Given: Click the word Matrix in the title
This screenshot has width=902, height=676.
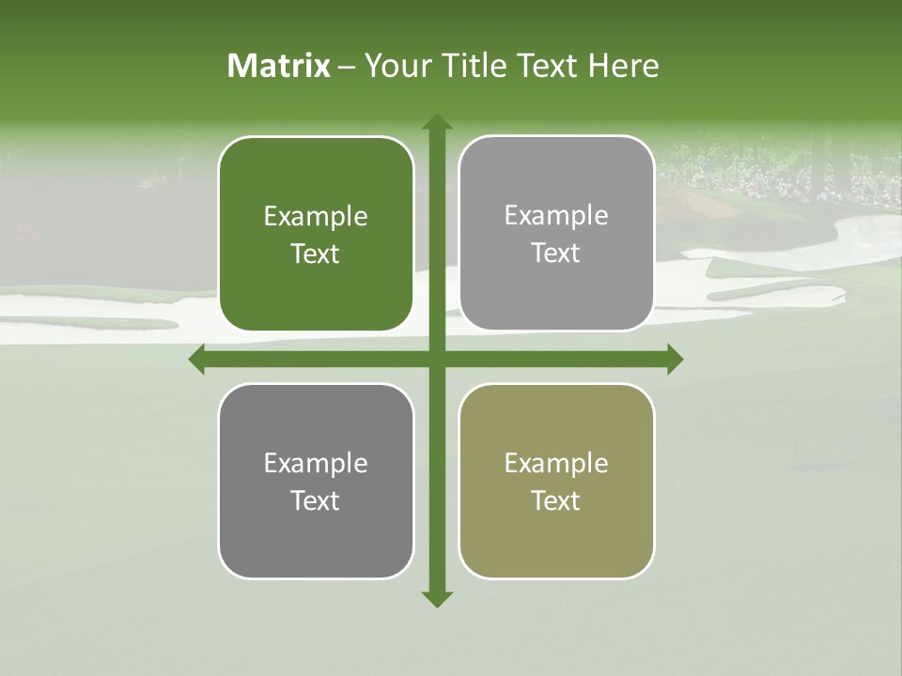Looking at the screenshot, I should pyautogui.click(x=279, y=66).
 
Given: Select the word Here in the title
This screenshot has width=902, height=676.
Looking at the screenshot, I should pyautogui.click(x=623, y=66).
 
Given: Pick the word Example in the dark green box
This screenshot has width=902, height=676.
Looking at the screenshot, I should pyautogui.click(x=316, y=216).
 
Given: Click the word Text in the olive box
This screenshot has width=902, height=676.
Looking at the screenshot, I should pyautogui.click(x=556, y=500).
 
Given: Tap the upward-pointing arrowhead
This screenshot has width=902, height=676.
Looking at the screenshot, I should pyautogui.click(x=437, y=122).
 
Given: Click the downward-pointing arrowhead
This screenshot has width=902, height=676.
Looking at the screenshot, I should pyautogui.click(x=437, y=598).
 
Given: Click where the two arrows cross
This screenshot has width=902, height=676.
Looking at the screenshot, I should pyautogui.click(x=437, y=359).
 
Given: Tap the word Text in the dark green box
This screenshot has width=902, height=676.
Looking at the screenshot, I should pyautogui.click(x=316, y=253).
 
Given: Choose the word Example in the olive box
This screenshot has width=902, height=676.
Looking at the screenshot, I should pyautogui.click(x=556, y=463).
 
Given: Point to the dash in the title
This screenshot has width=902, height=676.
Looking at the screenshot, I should pyautogui.click(x=347, y=67).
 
